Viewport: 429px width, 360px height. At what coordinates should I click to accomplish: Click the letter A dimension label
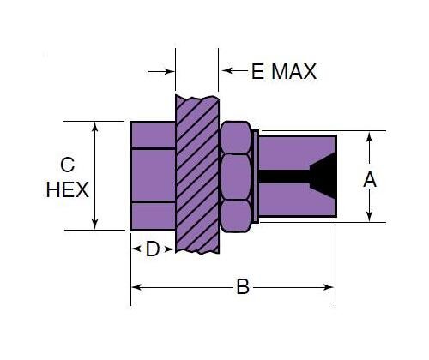coord(370,179)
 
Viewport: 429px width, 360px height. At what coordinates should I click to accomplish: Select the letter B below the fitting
coord(243,288)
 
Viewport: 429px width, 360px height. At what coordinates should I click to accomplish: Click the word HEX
coord(67,189)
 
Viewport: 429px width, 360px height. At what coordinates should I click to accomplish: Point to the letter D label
coord(153,249)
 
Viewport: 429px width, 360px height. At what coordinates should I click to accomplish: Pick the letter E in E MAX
coord(257,72)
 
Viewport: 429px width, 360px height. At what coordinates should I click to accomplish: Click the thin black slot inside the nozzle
coord(283,177)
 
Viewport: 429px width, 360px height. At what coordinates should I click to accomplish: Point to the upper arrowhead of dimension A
coord(370,136)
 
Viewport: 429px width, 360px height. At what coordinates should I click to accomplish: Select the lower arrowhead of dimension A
coord(370,218)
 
